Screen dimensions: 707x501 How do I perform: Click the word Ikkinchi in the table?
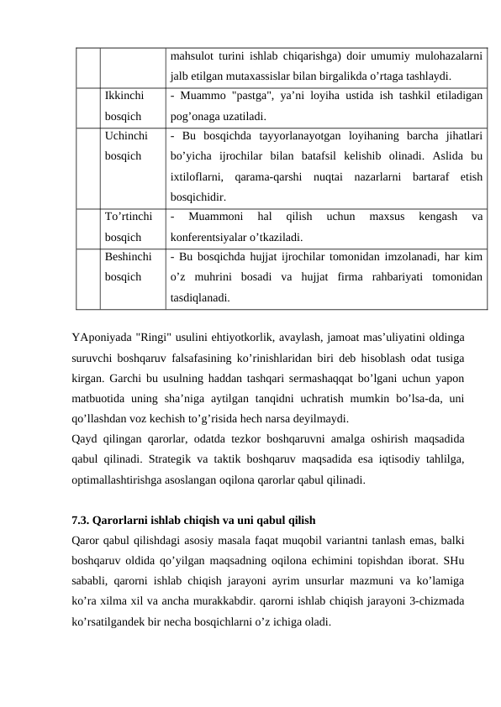coord(124,97)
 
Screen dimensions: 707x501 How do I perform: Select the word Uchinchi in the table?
coord(127,135)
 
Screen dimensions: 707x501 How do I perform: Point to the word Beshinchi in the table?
coord(129,255)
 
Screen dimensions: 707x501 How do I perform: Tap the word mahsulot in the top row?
coord(190,58)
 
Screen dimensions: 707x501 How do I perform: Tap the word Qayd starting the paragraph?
coord(86,438)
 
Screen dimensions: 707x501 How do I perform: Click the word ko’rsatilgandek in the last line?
coord(108,623)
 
